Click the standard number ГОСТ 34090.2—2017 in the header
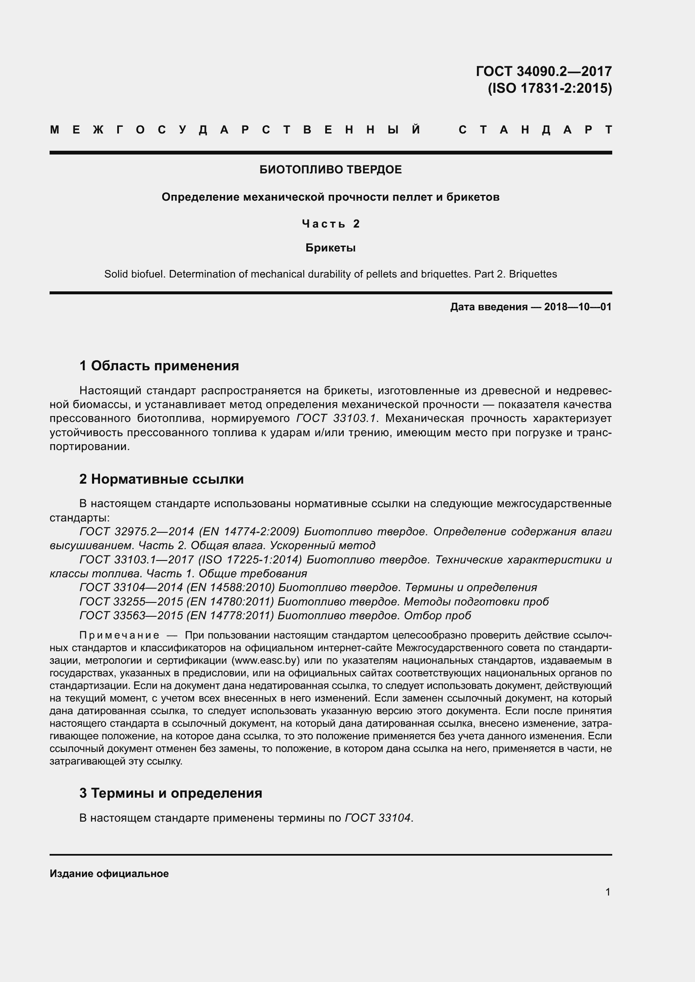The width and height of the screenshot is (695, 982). click(x=543, y=71)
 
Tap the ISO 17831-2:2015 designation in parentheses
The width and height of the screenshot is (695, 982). click(x=550, y=88)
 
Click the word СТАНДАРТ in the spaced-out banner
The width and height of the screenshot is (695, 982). click(x=535, y=130)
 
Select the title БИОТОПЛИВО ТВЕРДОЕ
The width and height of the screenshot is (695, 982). click(x=330, y=170)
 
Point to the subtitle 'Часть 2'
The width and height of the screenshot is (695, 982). click(x=330, y=224)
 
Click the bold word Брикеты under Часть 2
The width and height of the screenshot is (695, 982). click(x=330, y=248)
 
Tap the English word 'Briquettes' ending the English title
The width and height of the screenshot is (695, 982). click(x=533, y=274)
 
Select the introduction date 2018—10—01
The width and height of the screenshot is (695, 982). click(x=577, y=306)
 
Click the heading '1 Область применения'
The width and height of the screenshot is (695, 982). click(x=159, y=366)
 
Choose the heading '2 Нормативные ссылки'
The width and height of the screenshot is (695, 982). click(x=161, y=479)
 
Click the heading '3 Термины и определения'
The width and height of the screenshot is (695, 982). click(x=170, y=793)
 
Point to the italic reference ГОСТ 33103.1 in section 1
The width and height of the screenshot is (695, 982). click(x=335, y=418)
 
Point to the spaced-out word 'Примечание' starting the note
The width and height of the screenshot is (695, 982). click(x=119, y=635)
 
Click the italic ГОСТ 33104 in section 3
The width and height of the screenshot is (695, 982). click(x=377, y=818)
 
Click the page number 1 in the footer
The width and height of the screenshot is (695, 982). click(x=608, y=892)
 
